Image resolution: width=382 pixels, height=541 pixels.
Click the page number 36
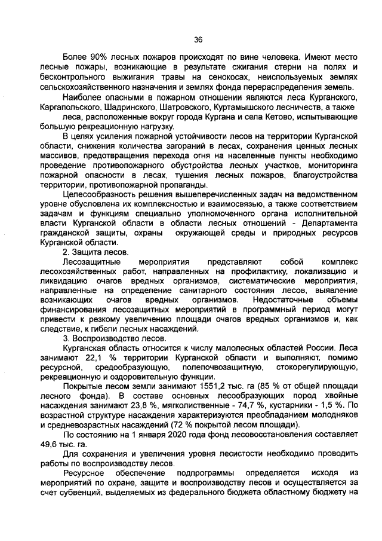[x=198, y=40]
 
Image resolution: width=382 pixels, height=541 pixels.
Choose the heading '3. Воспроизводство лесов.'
[x=111, y=338]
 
